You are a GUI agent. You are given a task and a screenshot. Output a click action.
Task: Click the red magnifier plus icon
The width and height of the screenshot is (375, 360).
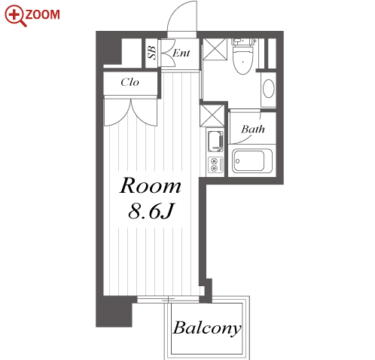(x=16, y=16)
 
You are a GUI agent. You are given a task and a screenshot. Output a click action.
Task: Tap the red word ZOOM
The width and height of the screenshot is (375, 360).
(x=43, y=14)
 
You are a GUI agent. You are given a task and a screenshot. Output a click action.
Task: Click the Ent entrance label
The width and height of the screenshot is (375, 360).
(x=181, y=53)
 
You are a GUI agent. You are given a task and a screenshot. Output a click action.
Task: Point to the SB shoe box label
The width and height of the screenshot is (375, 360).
(x=152, y=53)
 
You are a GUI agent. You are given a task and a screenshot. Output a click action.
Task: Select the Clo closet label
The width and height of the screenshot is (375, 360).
(x=130, y=82)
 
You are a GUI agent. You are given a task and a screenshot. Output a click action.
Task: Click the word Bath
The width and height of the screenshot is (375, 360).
(x=253, y=129)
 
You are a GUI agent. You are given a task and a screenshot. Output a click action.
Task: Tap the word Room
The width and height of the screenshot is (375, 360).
(x=150, y=186)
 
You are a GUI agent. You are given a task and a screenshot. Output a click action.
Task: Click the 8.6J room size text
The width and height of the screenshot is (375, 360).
(x=151, y=211)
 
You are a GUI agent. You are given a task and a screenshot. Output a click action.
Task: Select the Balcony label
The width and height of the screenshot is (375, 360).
(x=207, y=328)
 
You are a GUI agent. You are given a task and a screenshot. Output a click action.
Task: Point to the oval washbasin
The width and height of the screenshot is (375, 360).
(x=268, y=88)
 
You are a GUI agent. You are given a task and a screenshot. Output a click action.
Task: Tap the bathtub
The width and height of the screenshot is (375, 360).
(x=252, y=161)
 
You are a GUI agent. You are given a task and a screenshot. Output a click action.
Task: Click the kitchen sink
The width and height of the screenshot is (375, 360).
(x=215, y=142)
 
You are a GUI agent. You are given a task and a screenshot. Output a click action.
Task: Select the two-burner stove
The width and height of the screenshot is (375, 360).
(x=215, y=165)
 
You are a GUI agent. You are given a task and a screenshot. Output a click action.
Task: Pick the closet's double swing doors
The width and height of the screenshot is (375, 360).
(x=130, y=112)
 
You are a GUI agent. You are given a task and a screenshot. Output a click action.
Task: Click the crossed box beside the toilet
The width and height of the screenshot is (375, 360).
(x=215, y=49)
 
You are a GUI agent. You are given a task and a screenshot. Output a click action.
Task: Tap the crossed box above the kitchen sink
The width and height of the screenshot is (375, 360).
(x=212, y=115)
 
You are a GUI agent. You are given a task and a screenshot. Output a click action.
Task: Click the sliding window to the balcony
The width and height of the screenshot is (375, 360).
(x=168, y=299)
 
